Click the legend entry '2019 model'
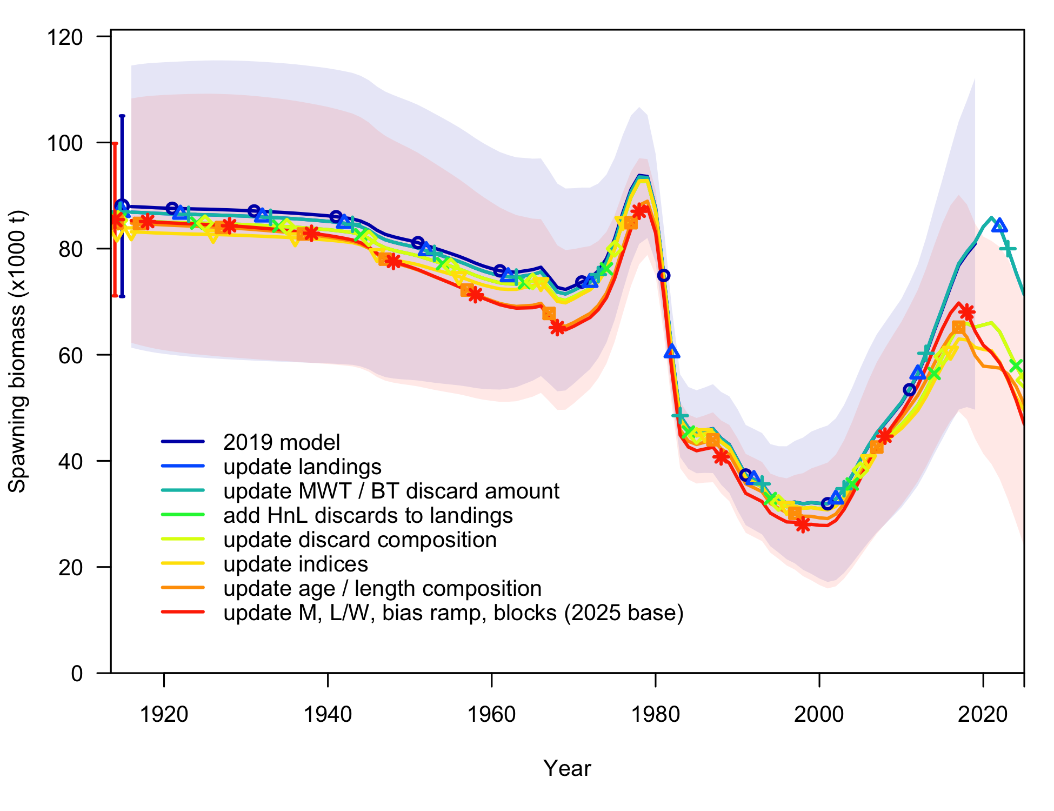282,442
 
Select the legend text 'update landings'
302,467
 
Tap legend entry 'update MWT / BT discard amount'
391,491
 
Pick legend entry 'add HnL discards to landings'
368,515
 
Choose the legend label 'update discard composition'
359,540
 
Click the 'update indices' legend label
295,564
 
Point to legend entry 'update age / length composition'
382,588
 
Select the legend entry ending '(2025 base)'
453,613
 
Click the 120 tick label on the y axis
65,37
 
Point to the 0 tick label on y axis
77,674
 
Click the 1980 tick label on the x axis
655,715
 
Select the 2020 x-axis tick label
983,715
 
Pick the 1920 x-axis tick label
164,715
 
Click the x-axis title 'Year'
567,768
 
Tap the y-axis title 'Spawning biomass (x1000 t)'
17,351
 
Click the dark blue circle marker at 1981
664,276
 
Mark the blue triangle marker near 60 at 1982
672,352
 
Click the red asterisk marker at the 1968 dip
557,328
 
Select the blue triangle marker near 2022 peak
999,225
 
